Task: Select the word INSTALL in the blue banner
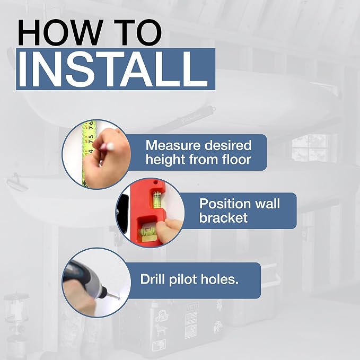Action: coord(113,69)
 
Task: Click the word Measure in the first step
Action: coord(173,145)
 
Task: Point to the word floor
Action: coord(236,159)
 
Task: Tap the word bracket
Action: coord(223,217)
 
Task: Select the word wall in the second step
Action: coord(268,204)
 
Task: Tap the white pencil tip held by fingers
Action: coord(110,146)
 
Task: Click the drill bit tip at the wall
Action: coord(118,298)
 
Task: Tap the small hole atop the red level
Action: coord(155,183)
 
